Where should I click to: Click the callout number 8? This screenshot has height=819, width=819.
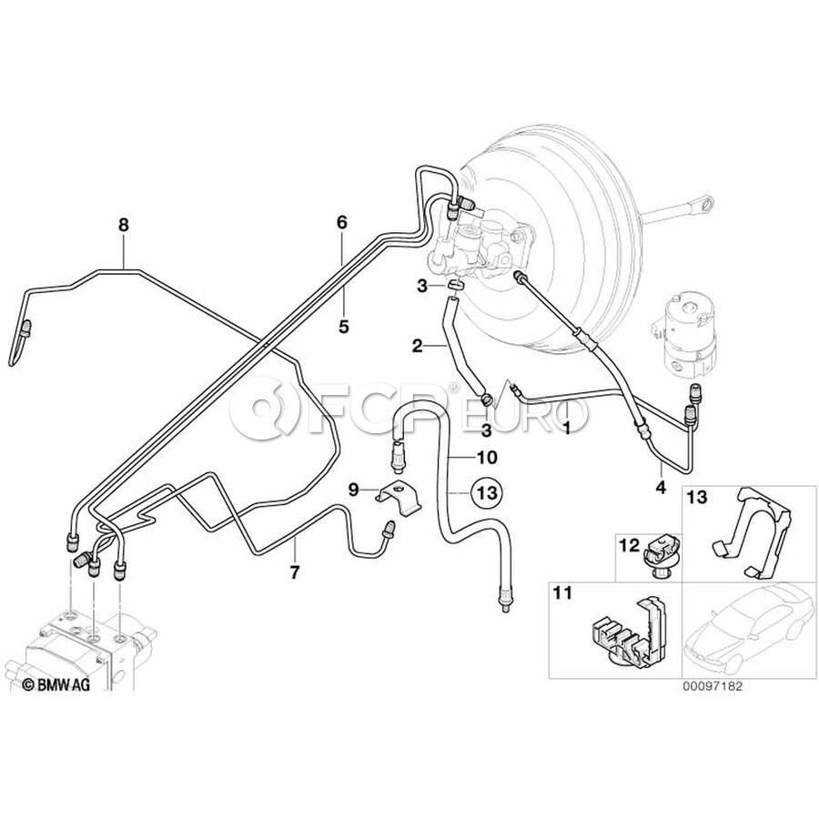pos(124,224)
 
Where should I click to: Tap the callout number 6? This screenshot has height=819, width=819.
pos(342,221)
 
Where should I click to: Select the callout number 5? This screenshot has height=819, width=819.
pos(344,324)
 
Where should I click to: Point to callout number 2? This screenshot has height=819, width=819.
pos(417,346)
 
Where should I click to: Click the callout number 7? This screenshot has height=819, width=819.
pos(294,572)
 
